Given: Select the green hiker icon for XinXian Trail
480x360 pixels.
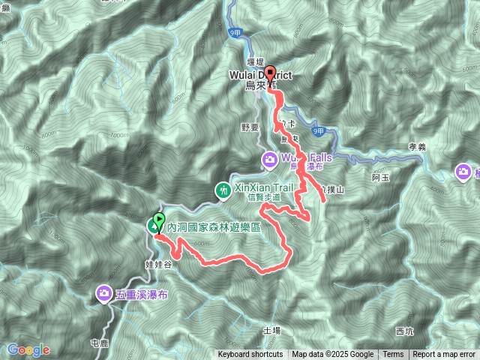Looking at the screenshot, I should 223,190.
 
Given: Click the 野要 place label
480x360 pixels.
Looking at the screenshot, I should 250,128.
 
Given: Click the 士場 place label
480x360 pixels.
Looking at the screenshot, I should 271,329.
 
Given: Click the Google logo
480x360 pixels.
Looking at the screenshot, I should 28,350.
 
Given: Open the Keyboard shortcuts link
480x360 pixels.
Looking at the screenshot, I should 250,355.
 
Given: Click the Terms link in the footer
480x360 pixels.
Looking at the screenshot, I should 393,355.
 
